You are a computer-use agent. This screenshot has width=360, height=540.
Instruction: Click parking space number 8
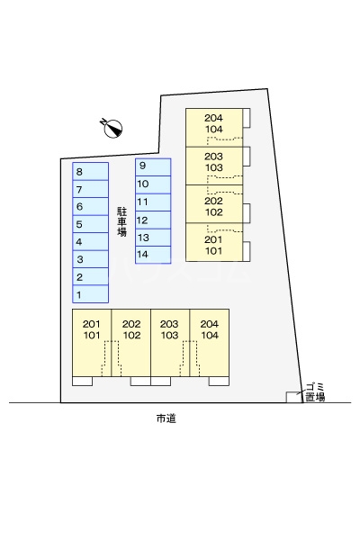[x=90, y=171]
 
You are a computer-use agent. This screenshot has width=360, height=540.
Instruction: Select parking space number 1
[x=90, y=294]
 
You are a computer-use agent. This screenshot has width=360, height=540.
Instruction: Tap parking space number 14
[x=152, y=255]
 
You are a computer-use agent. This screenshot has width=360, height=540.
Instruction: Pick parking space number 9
[x=152, y=166]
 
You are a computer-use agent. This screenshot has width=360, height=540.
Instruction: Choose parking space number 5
[x=90, y=224]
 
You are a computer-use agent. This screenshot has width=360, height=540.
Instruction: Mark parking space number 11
[x=152, y=202]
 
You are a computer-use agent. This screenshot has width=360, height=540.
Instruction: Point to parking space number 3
[x=90, y=259]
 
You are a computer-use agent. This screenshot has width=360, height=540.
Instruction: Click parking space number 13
[x=152, y=238]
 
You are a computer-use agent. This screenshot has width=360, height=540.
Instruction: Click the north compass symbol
[x=112, y=128]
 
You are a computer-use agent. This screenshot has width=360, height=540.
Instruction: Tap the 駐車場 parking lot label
[x=121, y=221]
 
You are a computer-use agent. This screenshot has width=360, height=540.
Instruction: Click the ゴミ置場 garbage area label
[x=314, y=391]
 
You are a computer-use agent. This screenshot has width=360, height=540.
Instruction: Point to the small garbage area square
[x=293, y=396]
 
